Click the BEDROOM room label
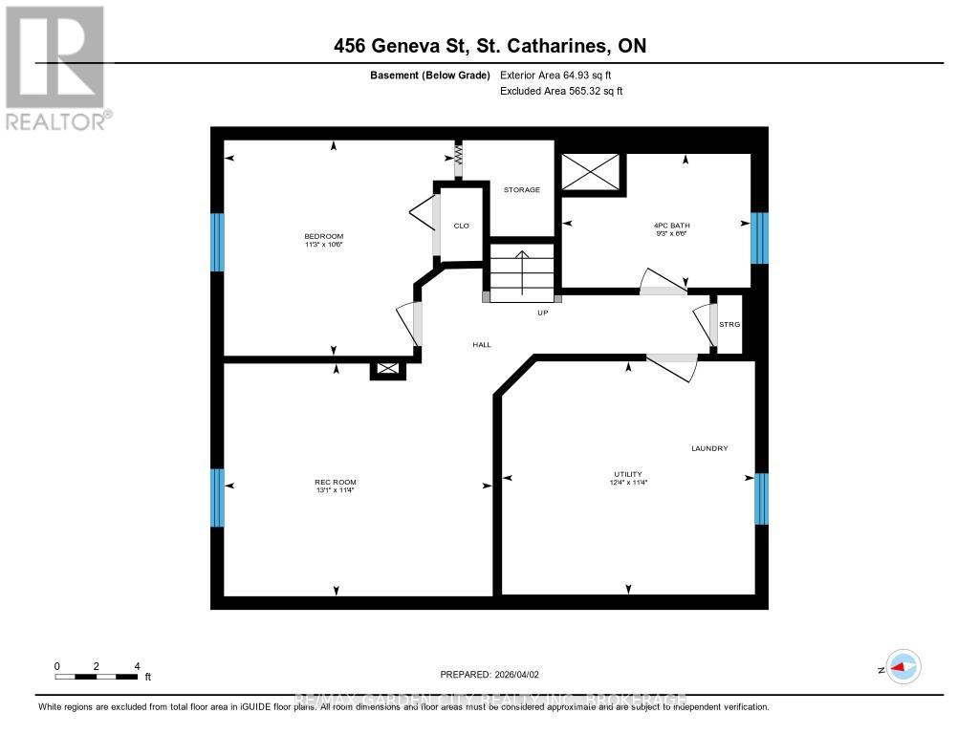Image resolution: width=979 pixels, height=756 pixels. [323, 236]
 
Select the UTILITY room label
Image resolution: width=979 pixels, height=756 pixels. [628, 474]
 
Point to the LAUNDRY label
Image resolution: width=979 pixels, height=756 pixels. [710, 448]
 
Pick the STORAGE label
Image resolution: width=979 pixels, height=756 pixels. [522, 189]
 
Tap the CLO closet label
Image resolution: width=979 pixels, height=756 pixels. [461, 226]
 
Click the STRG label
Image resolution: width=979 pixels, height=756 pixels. [729, 325]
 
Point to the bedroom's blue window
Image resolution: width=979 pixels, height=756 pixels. [218, 242]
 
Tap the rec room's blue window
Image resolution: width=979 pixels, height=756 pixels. [218, 497]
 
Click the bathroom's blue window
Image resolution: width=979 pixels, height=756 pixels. [760, 238]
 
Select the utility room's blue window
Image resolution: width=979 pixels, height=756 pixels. [762, 499]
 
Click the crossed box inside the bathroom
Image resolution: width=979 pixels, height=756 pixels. [591, 171]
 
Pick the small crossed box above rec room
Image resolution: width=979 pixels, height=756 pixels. [388, 368]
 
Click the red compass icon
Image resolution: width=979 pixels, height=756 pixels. [902, 667]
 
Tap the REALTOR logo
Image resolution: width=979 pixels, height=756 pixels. [56, 67]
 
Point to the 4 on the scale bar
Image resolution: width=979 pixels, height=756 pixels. [138, 666]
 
